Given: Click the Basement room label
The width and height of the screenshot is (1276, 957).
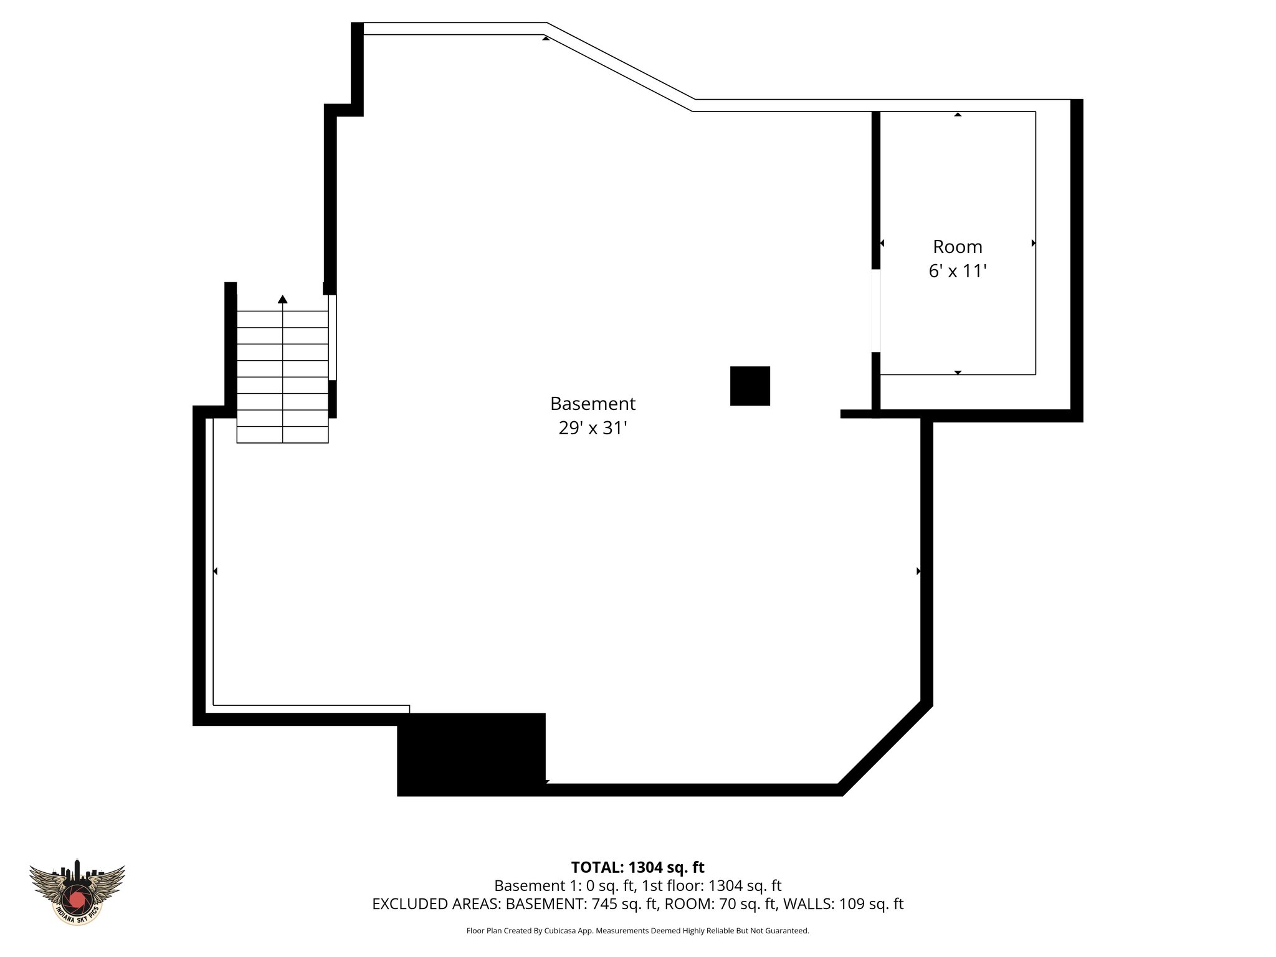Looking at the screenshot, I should [x=593, y=404].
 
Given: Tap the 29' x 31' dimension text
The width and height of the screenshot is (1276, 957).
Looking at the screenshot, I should [x=593, y=429].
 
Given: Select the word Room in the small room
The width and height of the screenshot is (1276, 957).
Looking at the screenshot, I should [x=957, y=247].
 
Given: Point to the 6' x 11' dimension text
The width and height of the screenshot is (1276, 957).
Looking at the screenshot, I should [x=957, y=272].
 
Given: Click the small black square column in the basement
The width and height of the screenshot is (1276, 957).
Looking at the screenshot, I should [x=750, y=386].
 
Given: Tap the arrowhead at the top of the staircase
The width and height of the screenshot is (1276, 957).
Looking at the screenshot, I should [x=283, y=299].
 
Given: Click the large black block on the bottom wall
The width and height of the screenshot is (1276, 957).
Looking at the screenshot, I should [x=471, y=754].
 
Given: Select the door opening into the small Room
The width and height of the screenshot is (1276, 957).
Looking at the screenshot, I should [x=875, y=310].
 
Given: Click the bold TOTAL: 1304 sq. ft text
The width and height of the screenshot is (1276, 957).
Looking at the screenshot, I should [x=637, y=867].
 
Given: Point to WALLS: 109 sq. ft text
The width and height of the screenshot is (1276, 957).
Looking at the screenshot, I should [x=842, y=904].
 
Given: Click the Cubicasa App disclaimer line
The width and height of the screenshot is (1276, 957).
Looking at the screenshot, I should [x=637, y=931].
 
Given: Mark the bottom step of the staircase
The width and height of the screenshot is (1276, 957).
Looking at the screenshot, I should [x=283, y=434].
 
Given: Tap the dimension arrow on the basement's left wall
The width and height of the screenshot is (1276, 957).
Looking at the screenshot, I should [x=215, y=571].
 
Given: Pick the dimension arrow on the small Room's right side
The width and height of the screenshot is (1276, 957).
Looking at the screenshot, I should [x=1034, y=243].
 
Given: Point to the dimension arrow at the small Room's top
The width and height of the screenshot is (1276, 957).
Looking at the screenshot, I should [x=958, y=115].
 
